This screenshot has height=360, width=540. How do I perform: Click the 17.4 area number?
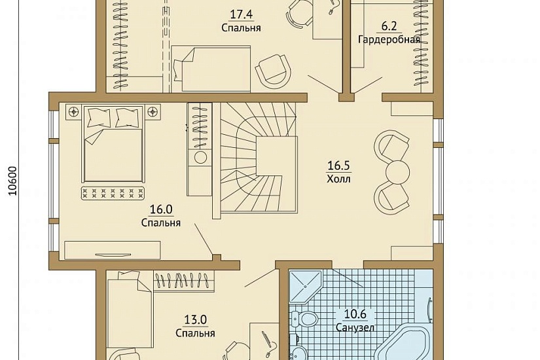point(241,14)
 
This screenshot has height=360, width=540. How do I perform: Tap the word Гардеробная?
point(389,40)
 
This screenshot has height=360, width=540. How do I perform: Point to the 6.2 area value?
point(389,26)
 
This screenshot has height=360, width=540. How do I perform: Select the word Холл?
point(338,179)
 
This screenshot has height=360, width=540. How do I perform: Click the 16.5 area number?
point(338,166)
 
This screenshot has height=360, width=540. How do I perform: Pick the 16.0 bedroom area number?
point(161,209)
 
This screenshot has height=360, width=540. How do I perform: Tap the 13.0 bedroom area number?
point(195,320)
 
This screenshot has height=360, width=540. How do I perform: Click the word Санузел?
point(355,327)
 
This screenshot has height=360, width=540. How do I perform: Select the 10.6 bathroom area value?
point(355,314)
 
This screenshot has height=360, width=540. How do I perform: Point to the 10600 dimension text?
point(12,181)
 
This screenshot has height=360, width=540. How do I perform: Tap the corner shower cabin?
point(305,287)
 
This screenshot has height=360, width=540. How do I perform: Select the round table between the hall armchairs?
point(397,171)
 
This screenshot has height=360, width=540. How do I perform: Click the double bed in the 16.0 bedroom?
point(113,144)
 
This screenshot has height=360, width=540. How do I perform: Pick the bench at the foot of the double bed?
point(113,193)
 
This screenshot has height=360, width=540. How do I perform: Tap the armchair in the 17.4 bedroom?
point(274,71)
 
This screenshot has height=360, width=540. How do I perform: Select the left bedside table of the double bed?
point(73,112)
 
